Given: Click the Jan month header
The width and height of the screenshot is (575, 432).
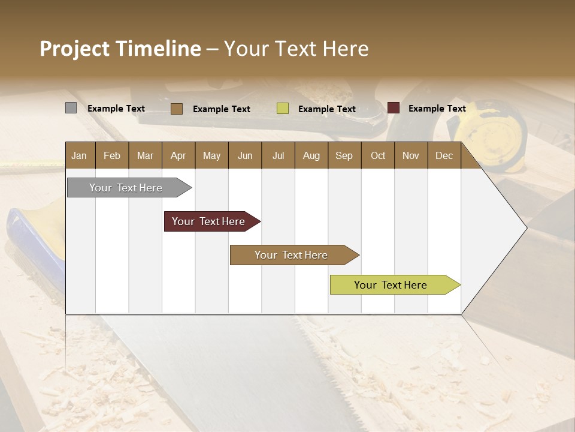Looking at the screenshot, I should (x=80, y=155).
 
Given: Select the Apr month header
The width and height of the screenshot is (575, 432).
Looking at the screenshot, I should (x=178, y=155).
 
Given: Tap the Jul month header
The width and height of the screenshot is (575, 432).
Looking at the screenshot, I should (x=278, y=155).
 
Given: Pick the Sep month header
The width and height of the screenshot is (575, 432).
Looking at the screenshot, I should (x=344, y=155).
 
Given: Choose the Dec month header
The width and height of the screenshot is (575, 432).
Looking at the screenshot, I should (x=444, y=155).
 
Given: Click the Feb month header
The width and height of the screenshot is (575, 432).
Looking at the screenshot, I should (x=112, y=155).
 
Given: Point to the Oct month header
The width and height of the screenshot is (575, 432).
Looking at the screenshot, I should (x=378, y=155).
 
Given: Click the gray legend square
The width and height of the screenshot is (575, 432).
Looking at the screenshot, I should (x=71, y=108).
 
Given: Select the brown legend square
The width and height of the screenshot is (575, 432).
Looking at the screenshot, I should (x=177, y=109).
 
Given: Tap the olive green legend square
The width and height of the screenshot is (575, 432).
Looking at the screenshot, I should (x=283, y=109).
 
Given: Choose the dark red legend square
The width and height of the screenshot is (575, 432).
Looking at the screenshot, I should (x=394, y=108).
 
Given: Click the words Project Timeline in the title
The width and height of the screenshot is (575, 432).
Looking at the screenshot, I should (x=120, y=49).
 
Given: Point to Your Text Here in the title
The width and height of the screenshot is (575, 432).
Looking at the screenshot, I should (x=296, y=49).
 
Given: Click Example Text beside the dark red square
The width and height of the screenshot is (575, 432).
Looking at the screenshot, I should (x=437, y=109).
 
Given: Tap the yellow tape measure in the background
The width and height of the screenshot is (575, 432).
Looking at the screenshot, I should (x=491, y=129).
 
